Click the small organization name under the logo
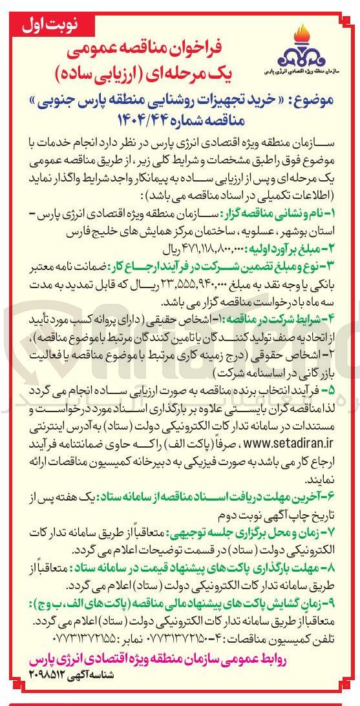click(303, 69)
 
